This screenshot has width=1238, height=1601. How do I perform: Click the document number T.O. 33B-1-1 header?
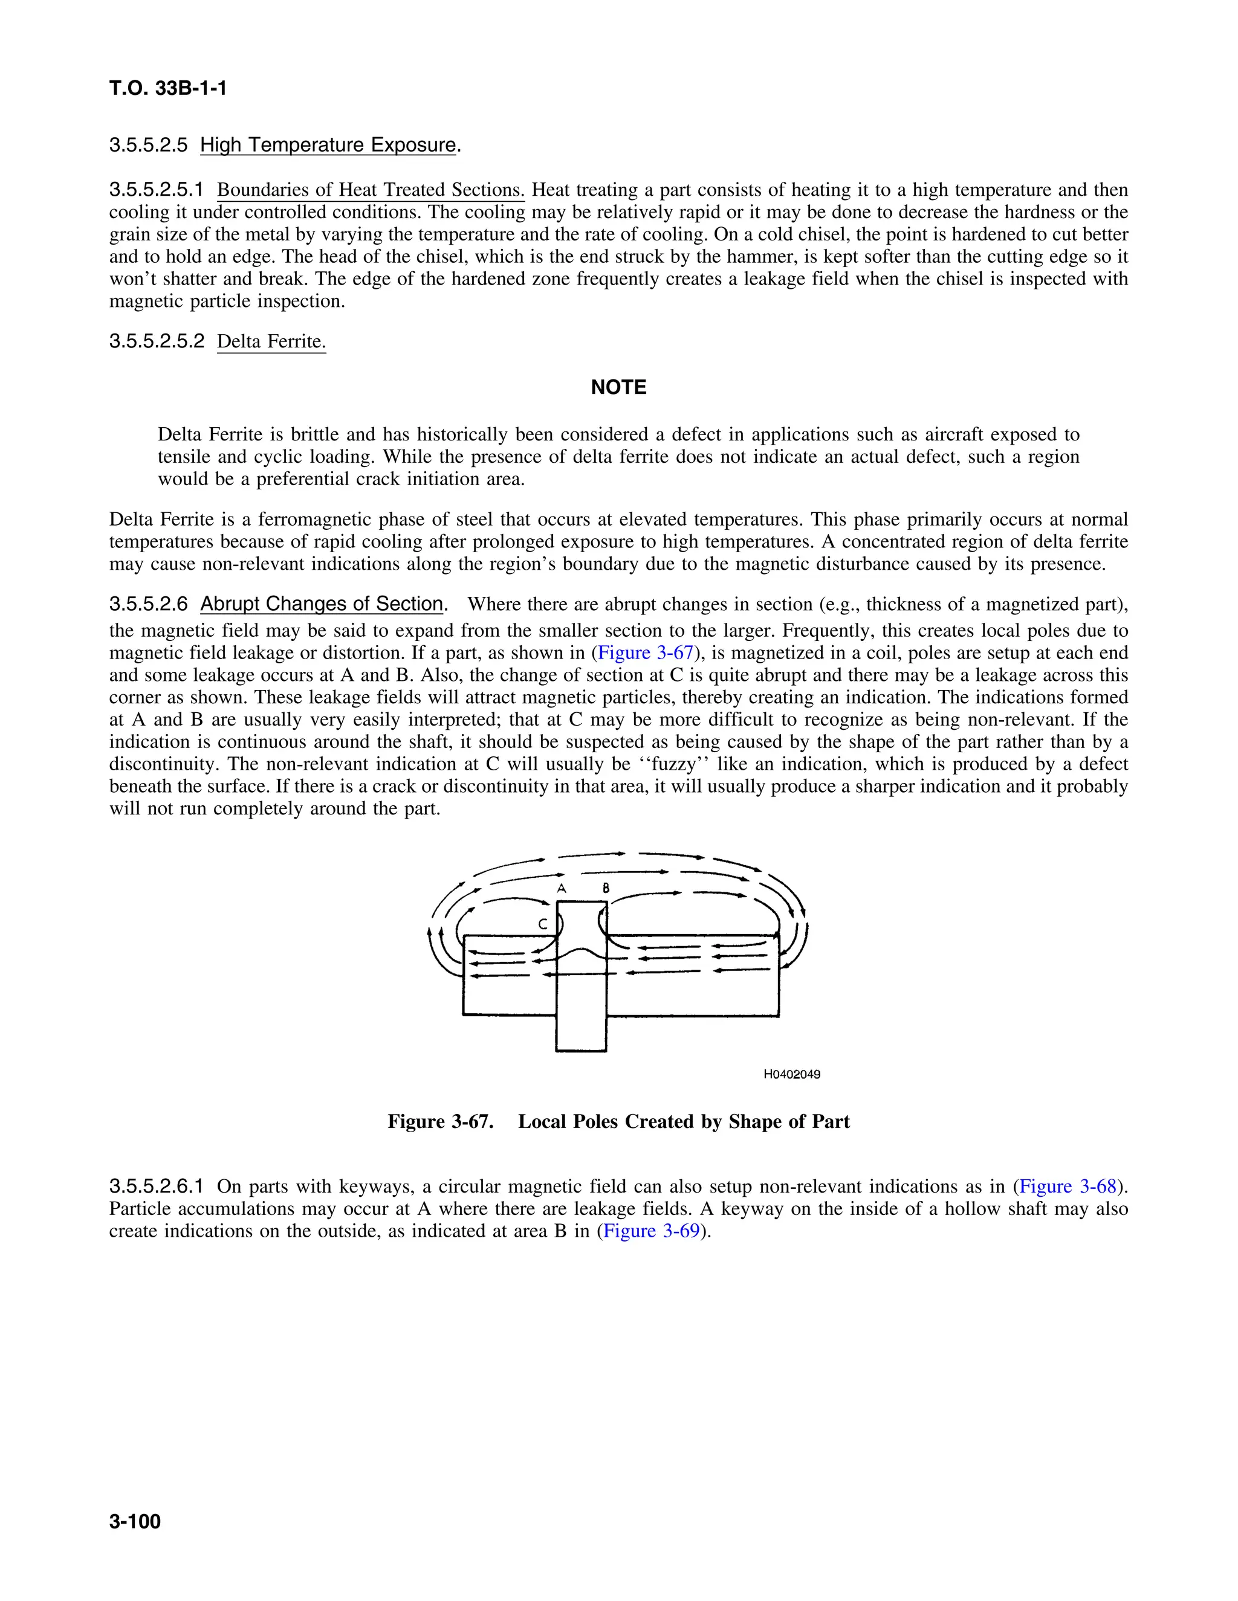click(168, 89)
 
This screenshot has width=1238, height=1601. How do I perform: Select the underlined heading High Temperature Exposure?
click(328, 145)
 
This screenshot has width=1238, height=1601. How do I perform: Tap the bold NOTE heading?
click(618, 387)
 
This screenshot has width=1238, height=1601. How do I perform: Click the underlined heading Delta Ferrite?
click(271, 341)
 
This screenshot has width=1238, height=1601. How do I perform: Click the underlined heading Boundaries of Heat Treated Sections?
click(371, 190)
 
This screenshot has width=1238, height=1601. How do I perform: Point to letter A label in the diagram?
click(561, 887)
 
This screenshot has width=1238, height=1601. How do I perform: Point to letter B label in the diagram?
click(606, 887)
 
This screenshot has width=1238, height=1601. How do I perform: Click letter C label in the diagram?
click(542, 924)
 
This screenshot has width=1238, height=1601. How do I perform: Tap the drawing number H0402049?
click(792, 1075)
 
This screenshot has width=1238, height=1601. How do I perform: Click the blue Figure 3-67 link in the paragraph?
click(646, 653)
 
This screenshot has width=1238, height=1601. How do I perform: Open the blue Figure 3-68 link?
click(1068, 1187)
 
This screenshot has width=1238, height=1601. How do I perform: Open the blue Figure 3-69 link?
click(651, 1231)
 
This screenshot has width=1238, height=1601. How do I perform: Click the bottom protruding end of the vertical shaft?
click(581, 1034)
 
